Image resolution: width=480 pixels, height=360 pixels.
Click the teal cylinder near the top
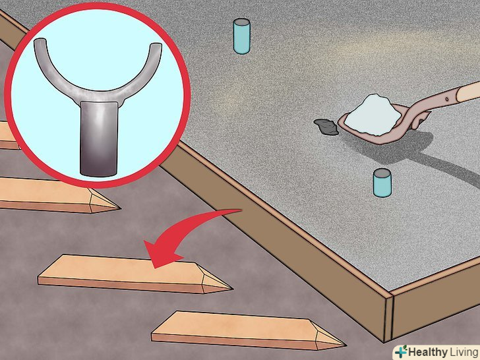[x=241, y=36]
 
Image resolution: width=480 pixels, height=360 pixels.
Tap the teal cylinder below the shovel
[x=382, y=183]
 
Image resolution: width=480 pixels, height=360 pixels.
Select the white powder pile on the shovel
[x=373, y=115]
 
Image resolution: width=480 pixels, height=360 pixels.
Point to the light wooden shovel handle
[x=468, y=92]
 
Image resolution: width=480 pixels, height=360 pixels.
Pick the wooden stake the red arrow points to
[x=135, y=274]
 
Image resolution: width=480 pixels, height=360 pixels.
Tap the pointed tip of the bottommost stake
[x=345, y=345]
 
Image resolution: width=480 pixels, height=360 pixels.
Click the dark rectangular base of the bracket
[x=99, y=139]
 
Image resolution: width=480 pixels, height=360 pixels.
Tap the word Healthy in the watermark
[x=428, y=351]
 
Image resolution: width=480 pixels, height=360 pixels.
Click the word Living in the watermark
[x=464, y=351]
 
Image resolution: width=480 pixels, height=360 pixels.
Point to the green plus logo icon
[x=401, y=351]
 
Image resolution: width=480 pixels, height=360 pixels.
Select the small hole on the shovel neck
[x=447, y=99]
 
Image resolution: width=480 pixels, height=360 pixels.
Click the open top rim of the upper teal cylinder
[x=241, y=22]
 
